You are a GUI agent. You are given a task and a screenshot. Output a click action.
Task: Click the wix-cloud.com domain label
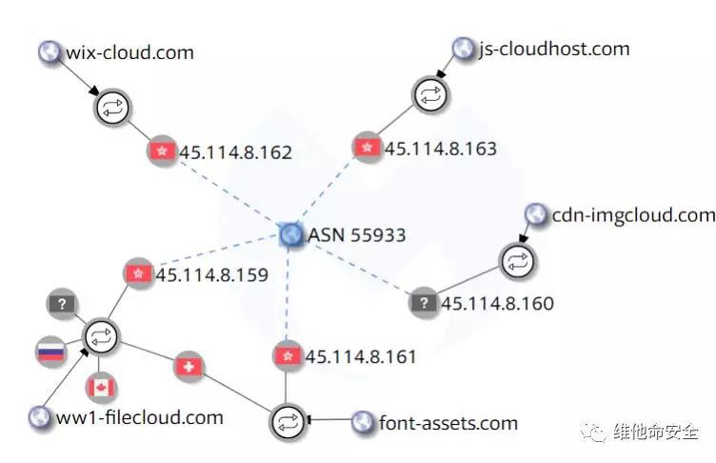(x=129, y=51)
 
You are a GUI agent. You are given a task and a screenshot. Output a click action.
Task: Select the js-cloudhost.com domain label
(x=554, y=49)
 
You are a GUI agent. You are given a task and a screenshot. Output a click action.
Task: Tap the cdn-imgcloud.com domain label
(x=633, y=215)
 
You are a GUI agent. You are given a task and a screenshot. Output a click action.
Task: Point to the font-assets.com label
(x=448, y=422)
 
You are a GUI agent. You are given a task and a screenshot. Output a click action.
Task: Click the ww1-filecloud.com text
(x=140, y=416)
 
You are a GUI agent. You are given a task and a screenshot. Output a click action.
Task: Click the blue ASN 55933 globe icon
(x=291, y=234)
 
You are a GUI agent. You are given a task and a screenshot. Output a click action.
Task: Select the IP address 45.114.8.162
(x=235, y=151)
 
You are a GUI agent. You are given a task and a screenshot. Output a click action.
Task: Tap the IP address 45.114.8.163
(x=440, y=148)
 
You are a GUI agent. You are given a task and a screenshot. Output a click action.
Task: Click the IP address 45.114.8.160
(x=497, y=304)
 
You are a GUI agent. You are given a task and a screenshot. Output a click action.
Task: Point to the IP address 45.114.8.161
(x=361, y=356)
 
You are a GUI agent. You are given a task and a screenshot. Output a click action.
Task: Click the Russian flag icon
(x=50, y=352)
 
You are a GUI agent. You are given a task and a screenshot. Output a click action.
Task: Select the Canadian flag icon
(x=100, y=388)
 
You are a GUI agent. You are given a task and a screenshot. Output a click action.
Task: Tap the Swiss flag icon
(x=188, y=366)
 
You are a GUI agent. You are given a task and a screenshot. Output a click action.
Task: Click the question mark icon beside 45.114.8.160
(x=423, y=304)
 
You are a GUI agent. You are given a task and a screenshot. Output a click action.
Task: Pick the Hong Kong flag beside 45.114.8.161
(x=286, y=356)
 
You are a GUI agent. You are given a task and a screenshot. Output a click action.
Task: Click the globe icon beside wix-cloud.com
(x=49, y=51)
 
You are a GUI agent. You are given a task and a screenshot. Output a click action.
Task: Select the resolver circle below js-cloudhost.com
(x=428, y=94)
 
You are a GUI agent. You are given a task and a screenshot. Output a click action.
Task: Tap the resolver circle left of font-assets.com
(x=286, y=421)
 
